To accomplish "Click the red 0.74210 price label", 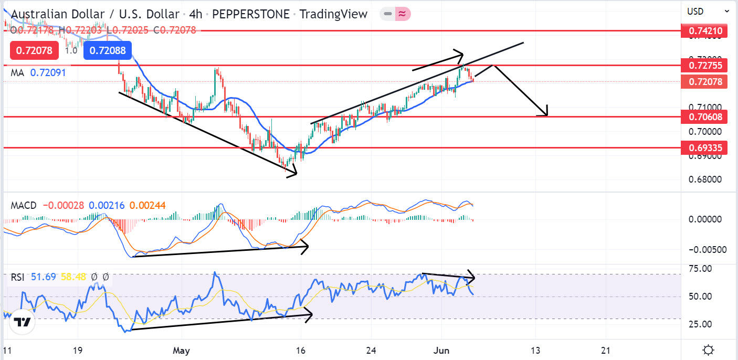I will point(704,31).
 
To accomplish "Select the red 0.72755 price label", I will point(704,66).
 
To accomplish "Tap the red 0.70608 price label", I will point(704,116).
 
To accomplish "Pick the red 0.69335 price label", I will point(704,148).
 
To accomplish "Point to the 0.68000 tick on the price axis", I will point(704,179).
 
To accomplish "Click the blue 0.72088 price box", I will point(108,51).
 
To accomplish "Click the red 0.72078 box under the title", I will point(34,51).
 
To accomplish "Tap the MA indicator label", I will point(17,73).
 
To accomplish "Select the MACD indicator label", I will point(24,205).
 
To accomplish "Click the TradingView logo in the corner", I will point(22,323).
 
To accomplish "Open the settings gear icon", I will point(708,350).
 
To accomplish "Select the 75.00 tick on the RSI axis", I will point(701,269).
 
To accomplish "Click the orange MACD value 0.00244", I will point(147,205).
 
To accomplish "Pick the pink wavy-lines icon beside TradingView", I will point(402,14).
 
